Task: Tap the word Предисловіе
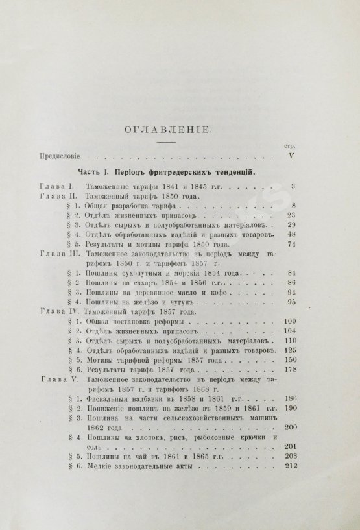click(62, 156)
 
